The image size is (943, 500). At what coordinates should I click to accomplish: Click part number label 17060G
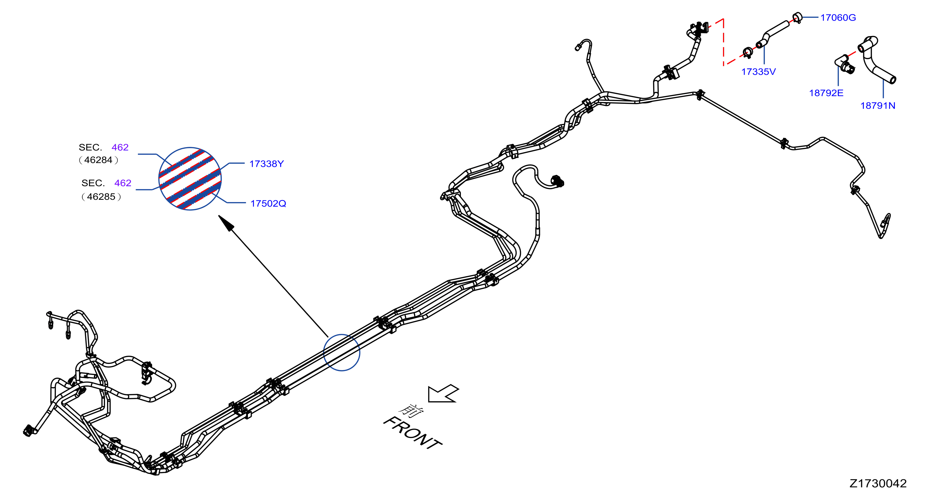point(838,18)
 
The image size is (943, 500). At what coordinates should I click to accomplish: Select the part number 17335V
point(759,71)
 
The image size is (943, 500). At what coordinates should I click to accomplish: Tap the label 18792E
point(826,93)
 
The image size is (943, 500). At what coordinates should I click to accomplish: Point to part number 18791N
point(878,105)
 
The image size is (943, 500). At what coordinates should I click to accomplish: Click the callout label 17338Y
point(266,164)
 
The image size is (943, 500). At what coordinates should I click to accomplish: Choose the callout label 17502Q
point(268,204)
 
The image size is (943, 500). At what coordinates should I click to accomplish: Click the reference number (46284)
point(99,160)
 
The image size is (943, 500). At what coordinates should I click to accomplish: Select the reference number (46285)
point(101,196)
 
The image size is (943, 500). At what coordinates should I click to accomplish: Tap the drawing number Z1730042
point(878,483)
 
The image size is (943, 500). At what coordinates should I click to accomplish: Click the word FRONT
point(412,433)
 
